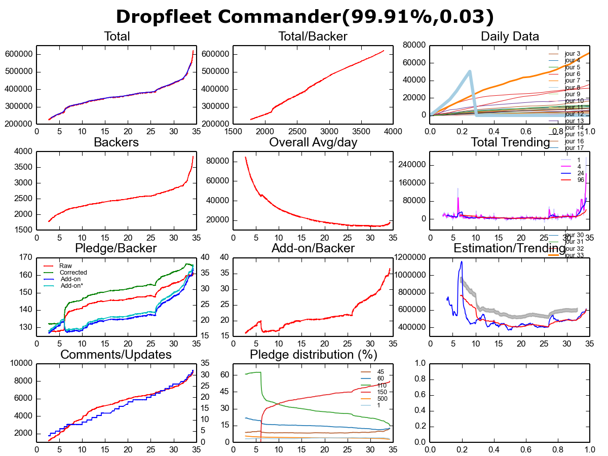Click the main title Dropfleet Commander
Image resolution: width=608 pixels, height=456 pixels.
tap(304, 17)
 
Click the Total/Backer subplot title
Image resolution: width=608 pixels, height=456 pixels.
tap(313, 36)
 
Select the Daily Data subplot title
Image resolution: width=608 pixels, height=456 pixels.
tap(510, 36)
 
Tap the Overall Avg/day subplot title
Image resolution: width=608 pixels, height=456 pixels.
tap(313, 142)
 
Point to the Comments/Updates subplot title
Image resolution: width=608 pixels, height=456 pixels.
tap(116, 354)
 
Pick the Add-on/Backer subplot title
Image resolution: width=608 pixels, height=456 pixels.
tap(313, 248)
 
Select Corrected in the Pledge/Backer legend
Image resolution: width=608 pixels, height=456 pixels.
tap(71, 273)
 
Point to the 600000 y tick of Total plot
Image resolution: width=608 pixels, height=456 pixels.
tap(19, 54)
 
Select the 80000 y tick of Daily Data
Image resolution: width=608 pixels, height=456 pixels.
tap(414, 45)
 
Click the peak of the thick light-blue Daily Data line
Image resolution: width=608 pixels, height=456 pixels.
tap(470, 71)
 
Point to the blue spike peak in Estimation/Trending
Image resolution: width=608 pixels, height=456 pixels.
tap(462, 261)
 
